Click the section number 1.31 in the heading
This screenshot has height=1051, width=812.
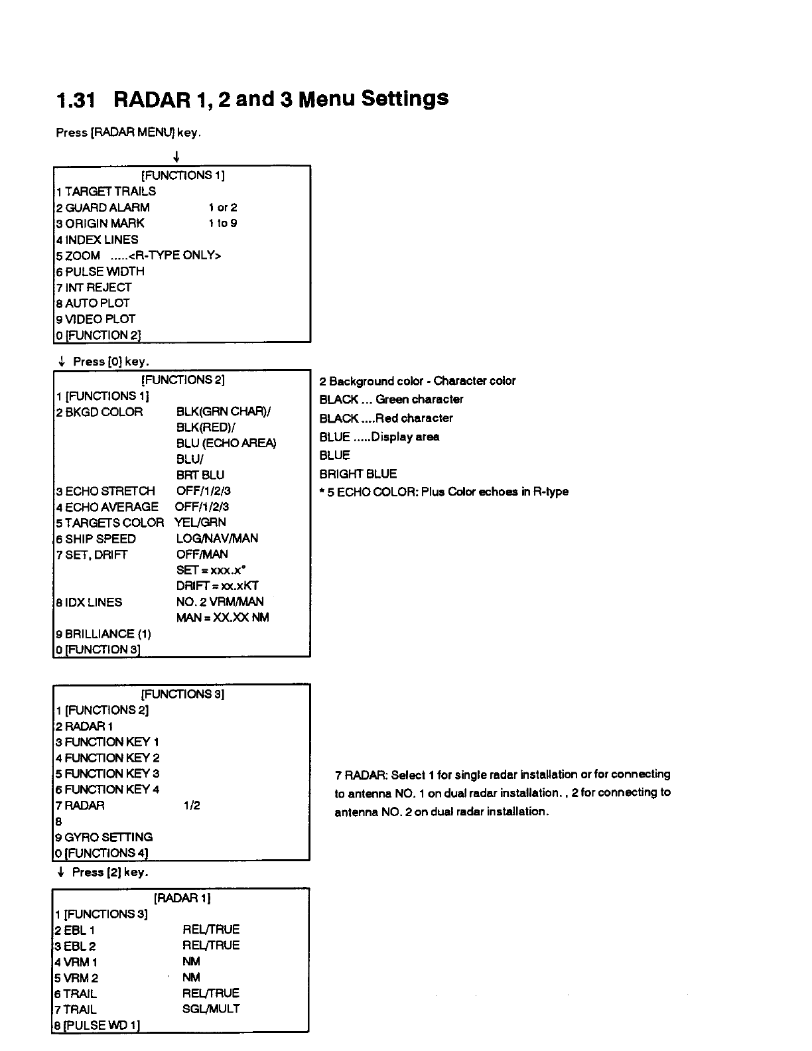click(76, 100)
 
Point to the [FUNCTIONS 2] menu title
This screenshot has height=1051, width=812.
click(182, 380)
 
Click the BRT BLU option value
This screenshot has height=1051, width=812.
click(200, 475)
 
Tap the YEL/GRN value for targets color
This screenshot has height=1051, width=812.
click(200, 522)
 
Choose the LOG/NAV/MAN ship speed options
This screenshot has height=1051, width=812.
click(217, 538)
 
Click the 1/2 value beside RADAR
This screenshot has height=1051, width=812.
click(192, 806)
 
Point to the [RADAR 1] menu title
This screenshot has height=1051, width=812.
click(182, 898)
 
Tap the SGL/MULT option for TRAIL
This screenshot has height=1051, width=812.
click(211, 1009)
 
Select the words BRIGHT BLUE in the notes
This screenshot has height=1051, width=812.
click(358, 474)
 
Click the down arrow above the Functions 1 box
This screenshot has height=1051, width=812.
click(176, 157)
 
